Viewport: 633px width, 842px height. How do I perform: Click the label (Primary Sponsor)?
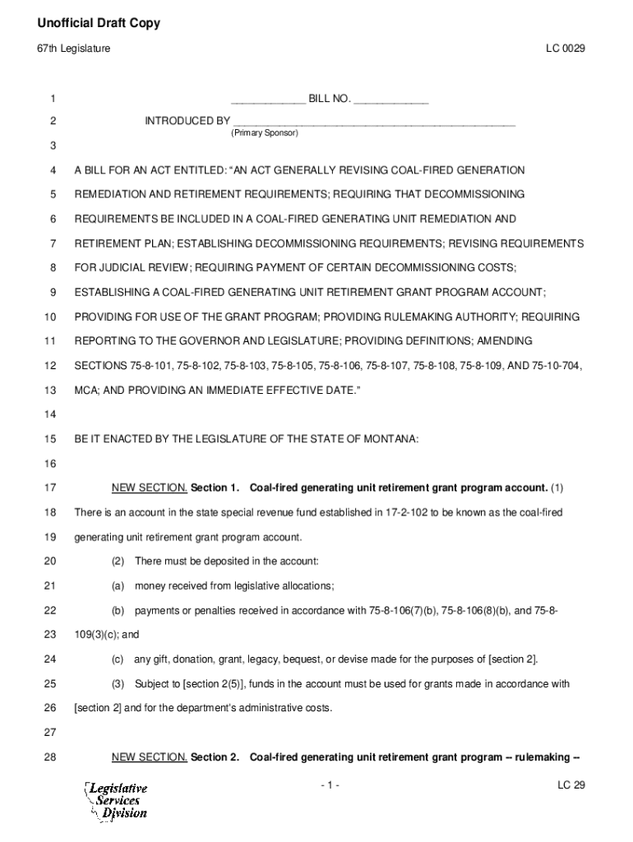click(x=265, y=132)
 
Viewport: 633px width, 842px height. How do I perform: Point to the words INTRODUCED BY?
click(x=187, y=122)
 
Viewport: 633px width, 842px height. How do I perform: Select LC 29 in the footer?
click(x=571, y=785)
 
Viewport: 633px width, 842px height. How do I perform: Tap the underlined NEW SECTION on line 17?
click(x=150, y=488)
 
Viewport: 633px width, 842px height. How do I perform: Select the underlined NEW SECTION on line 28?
click(x=150, y=756)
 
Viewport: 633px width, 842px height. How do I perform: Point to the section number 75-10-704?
click(x=555, y=365)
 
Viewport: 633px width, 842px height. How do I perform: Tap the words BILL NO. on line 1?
click(x=330, y=99)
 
